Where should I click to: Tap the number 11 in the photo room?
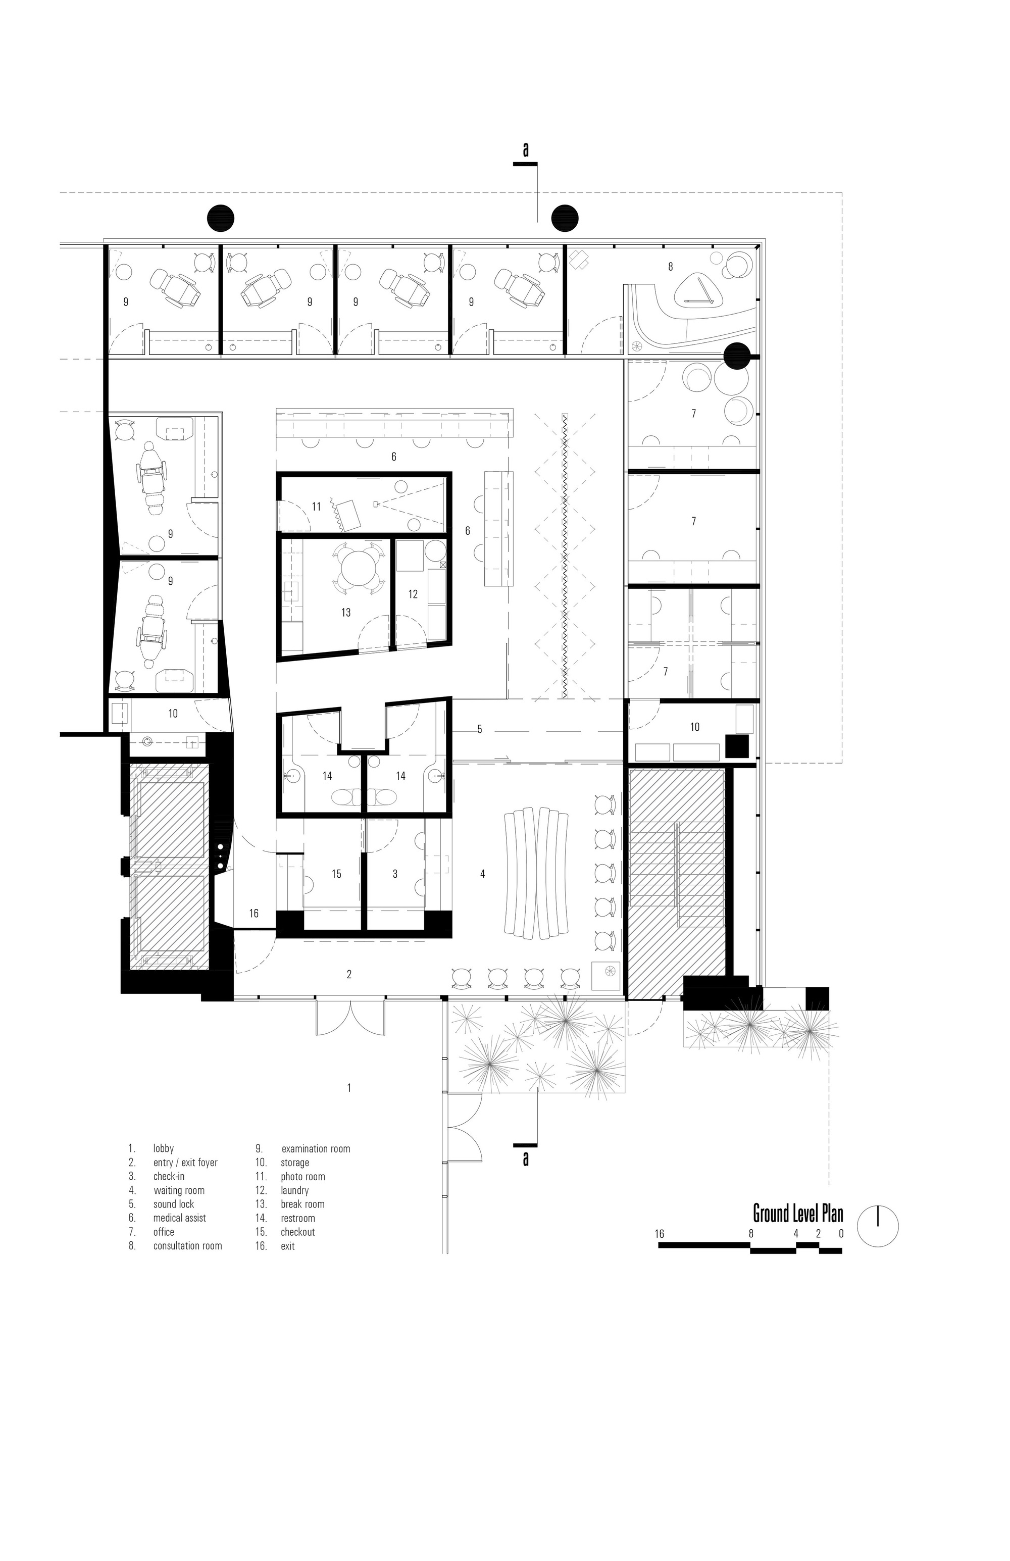[317, 507]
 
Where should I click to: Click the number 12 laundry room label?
[413, 594]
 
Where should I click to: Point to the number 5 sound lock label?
[479, 729]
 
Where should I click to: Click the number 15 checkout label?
[336, 874]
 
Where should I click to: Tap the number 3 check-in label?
[395, 874]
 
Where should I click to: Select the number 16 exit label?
[254, 913]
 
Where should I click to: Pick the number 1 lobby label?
[349, 1087]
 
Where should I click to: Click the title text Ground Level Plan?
[797, 1214]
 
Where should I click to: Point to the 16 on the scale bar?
[659, 1234]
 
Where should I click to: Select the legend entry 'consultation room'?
[187, 1245]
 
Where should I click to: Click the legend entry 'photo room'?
[303, 1177]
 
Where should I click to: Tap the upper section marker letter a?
[525, 150]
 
